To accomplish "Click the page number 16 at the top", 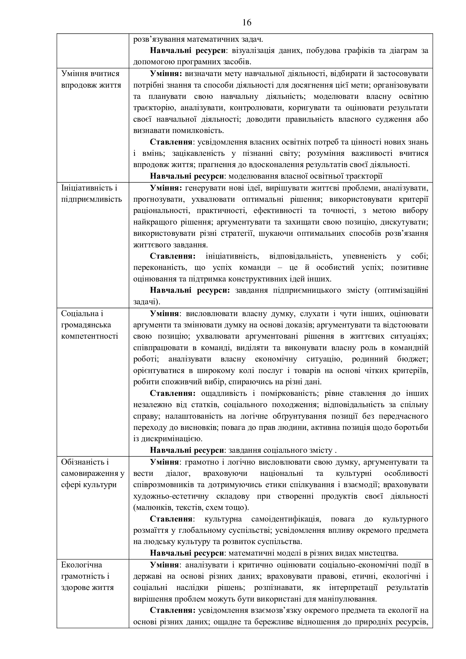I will [247, 22].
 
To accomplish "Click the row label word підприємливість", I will [92, 199].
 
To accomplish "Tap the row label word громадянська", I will [86, 325].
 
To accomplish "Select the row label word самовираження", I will [90, 473].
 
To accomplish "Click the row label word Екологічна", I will [81, 565].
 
